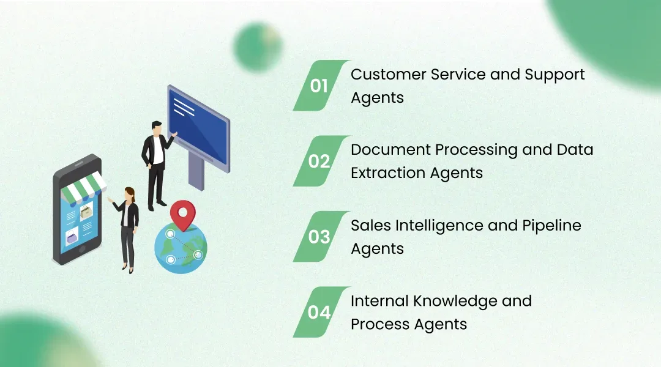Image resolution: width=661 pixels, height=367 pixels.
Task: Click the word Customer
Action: coord(389,75)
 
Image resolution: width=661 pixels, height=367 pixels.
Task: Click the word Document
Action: coord(390,150)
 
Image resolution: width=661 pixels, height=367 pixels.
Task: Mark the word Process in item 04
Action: coord(380,324)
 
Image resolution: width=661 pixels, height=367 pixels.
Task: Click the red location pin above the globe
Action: coord(183,213)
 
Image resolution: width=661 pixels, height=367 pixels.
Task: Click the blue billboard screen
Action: coord(198,128)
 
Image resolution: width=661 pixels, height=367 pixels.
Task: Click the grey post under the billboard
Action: coord(196,171)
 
